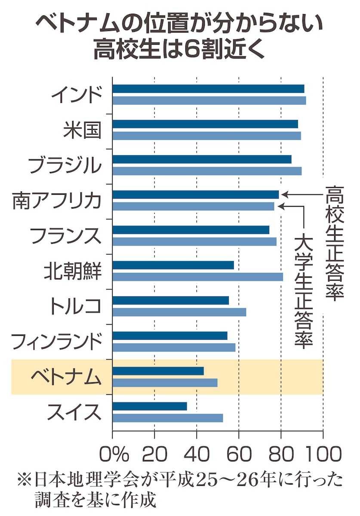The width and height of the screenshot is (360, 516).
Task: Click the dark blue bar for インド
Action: pos(208,89)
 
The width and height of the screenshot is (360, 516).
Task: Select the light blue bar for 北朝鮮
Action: pos(198,277)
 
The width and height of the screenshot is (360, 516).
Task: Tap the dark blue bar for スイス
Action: pos(150,406)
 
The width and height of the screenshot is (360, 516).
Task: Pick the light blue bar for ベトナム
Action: pos(165,383)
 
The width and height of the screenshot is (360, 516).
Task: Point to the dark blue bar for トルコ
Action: pos(171,301)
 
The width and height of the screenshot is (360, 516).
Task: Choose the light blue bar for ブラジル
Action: pos(207,171)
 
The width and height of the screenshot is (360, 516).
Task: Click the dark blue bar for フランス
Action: pos(191,230)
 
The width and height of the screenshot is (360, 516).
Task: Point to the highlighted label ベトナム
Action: pos(66,377)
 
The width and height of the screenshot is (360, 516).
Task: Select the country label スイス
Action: pos(74,412)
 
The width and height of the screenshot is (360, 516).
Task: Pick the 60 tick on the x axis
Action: pos(239,453)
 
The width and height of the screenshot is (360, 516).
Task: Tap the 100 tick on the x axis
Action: pos(322,453)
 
